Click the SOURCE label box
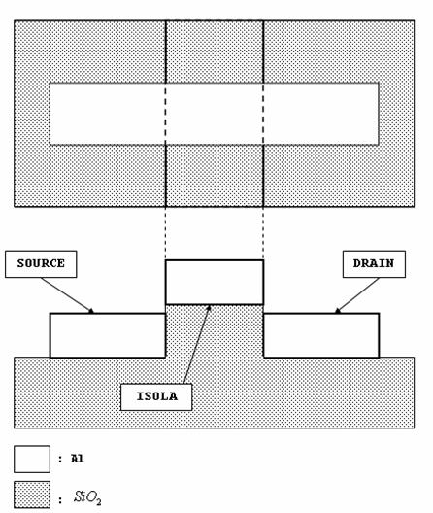pyautogui.click(x=41, y=264)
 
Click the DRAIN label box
pyautogui.click(x=374, y=264)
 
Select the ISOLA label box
pyautogui.click(x=156, y=396)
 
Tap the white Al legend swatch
pyautogui.click(x=32, y=459)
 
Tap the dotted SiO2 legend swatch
pyautogui.click(x=32, y=495)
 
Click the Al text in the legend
pyautogui.click(x=78, y=459)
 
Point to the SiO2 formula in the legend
pyautogui.click(x=87, y=497)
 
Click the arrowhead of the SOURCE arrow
pyautogui.click(x=91, y=311)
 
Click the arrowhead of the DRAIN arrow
pyautogui.click(x=338, y=311)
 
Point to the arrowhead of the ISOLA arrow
pyautogui.click(x=209, y=308)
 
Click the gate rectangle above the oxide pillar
pyautogui.click(x=215, y=283)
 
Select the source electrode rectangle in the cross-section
pyautogui.click(x=108, y=335)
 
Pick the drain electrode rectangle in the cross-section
pyautogui.click(x=321, y=335)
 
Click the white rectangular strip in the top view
pyautogui.click(x=215, y=114)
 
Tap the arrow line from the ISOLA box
pyautogui.click(x=196, y=345)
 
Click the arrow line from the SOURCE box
pyautogui.click(x=67, y=295)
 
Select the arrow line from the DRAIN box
pyautogui.click(x=357, y=295)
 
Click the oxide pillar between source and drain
pyautogui.click(x=215, y=331)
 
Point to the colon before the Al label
pyautogui.click(x=60, y=459)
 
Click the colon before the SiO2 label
pyautogui.click(x=60, y=499)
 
